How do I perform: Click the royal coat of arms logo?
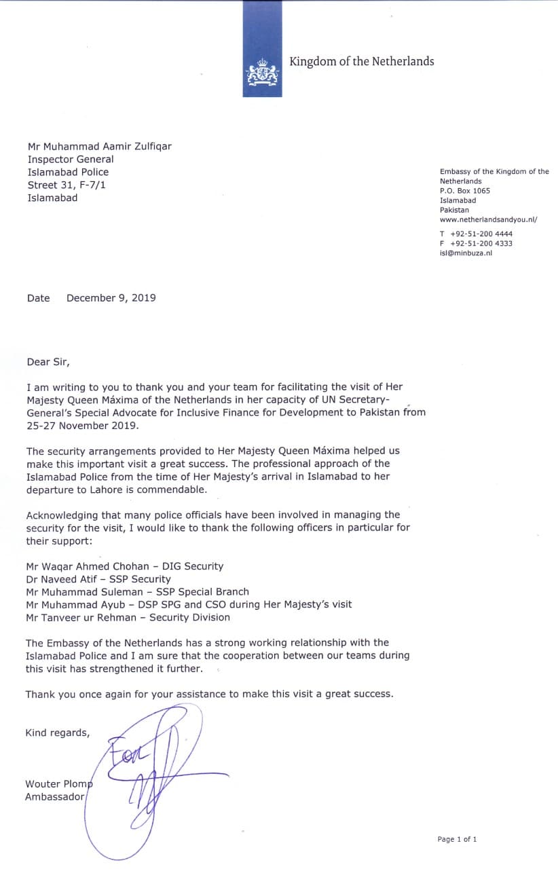point(262,72)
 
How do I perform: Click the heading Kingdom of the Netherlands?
point(361,62)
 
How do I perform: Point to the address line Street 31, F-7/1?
point(67,185)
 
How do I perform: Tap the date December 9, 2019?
point(111,297)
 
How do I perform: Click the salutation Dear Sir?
point(48,362)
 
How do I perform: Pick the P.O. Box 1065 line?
point(464,191)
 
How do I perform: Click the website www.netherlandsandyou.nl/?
point(488,219)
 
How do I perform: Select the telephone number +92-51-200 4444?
point(485,234)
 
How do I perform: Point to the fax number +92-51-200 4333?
point(485,243)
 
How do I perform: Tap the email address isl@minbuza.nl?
point(466,253)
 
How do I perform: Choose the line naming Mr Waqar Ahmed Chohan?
point(124,566)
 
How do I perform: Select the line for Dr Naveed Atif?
point(98,578)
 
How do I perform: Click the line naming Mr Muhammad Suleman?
point(137,591)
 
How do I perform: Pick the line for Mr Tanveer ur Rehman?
point(128,617)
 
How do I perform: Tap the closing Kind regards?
point(57,732)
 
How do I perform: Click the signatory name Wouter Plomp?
point(58,784)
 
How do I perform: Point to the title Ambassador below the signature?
point(54,797)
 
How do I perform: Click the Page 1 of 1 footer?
point(457,839)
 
